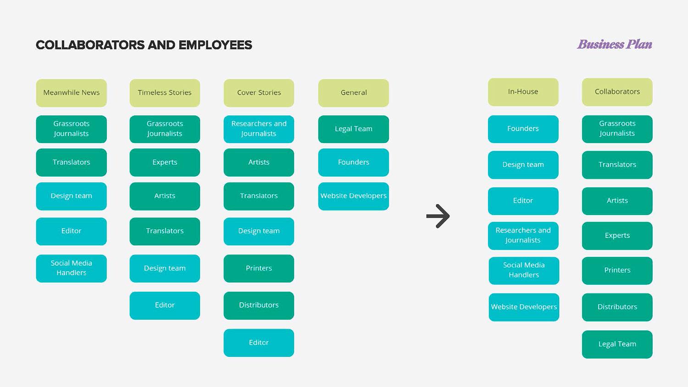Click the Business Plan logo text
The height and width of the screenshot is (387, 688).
click(614, 44)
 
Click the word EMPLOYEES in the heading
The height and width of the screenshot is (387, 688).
click(215, 45)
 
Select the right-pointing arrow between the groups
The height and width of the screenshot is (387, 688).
click(438, 216)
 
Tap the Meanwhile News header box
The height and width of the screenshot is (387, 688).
click(72, 93)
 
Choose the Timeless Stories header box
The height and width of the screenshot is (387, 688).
click(165, 93)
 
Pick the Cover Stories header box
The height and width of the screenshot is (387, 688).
click(259, 93)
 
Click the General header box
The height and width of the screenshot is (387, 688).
click(354, 93)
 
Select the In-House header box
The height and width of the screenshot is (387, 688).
click(523, 92)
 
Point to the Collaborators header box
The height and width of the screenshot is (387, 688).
click(617, 92)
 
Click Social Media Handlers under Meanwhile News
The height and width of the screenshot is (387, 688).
click(72, 268)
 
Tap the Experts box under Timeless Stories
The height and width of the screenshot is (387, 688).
click(165, 162)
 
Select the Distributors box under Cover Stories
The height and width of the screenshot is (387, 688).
click(259, 305)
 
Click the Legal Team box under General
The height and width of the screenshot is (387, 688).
click(354, 129)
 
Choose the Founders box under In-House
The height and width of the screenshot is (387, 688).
click(523, 129)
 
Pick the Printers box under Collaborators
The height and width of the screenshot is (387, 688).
click(617, 271)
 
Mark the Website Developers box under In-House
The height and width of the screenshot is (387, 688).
click(524, 307)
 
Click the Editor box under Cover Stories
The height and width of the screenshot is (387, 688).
click(259, 343)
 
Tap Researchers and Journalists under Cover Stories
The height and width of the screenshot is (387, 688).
click(259, 129)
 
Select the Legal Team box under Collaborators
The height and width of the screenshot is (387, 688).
click(617, 344)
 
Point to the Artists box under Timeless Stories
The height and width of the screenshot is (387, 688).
click(165, 196)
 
